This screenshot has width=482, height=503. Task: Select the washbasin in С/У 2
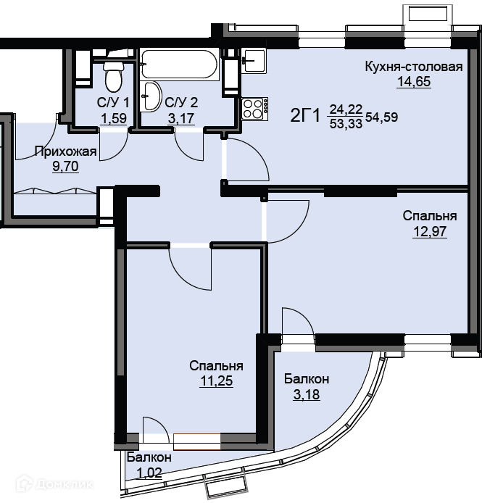point(151,96)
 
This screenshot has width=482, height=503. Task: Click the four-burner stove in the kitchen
point(254,109)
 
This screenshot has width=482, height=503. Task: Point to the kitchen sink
point(254,60)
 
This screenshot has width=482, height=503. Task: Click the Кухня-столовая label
point(414,67)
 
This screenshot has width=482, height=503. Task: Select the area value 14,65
point(414,81)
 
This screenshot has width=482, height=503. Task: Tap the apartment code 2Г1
point(305,115)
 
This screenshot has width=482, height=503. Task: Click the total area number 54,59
point(382,117)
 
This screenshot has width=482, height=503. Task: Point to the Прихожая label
point(65,151)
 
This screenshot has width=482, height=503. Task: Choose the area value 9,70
point(65,166)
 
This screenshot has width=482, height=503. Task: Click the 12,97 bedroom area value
point(430,231)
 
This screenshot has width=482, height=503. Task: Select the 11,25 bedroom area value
point(216,381)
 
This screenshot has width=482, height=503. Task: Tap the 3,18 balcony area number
point(307,394)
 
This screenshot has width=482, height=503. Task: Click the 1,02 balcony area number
point(149,473)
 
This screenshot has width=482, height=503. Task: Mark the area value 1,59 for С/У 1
point(114,118)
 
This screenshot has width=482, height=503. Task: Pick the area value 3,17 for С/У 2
point(181,118)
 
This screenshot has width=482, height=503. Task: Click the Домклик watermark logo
point(54,483)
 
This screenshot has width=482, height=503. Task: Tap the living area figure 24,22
point(346,109)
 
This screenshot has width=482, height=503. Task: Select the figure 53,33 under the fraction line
point(346,123)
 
